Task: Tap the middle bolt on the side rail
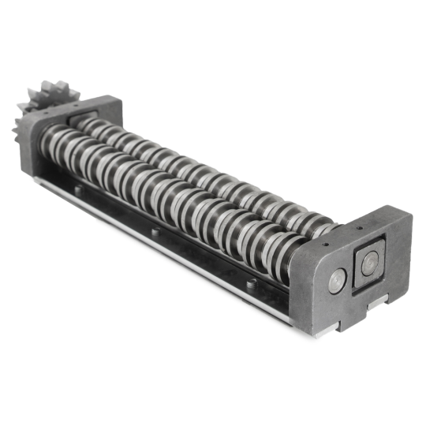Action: (x=155, y=232)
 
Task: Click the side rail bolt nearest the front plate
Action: (x=250, y=282)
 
